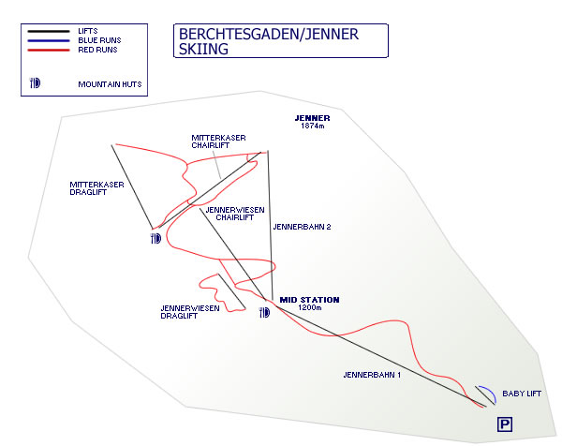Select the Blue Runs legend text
[99, 41]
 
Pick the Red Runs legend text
[97, 50]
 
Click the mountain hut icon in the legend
[36, 82]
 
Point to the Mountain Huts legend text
[108, 84]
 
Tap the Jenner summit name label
[312, 118]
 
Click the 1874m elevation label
[312, 126]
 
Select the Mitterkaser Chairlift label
[218, 141]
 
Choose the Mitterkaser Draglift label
[96, 189]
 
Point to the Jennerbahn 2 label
[302, 227]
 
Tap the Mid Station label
[310, 300]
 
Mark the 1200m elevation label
[310, 308]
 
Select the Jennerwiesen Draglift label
[190, 312]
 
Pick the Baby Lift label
[521, 394]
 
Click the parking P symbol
[504, 425]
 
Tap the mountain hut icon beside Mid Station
[264, 311]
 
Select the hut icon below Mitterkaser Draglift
[155, 238]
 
